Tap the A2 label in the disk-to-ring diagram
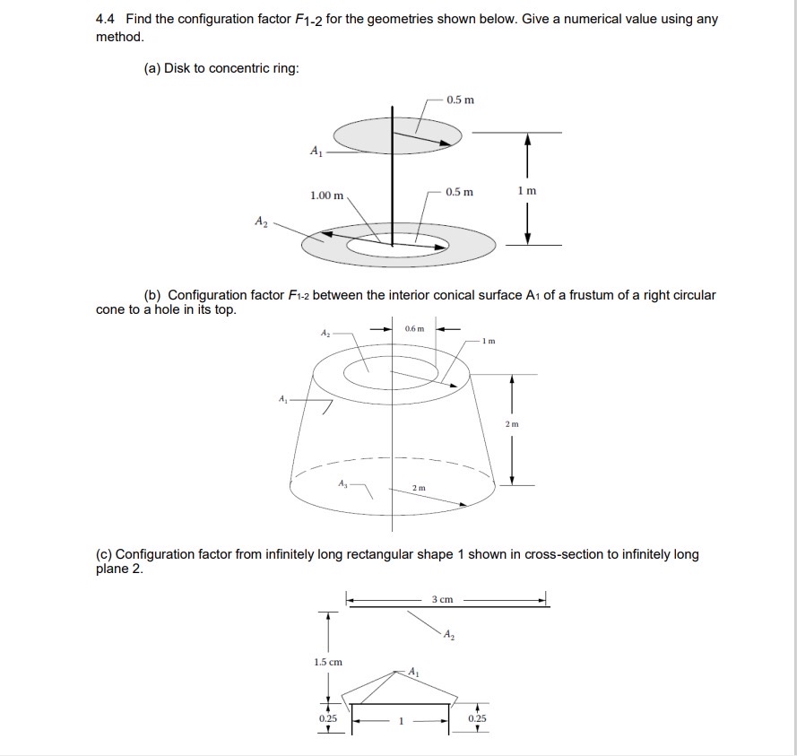261,221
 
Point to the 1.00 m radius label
326,196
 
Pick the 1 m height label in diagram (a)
527,191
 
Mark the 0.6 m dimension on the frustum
414,329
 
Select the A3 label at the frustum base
342,482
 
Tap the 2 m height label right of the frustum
513,423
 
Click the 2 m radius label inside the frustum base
418,487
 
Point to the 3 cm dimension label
442,599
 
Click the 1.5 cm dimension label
328,662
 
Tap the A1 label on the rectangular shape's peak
413,671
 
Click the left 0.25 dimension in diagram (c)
328,718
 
